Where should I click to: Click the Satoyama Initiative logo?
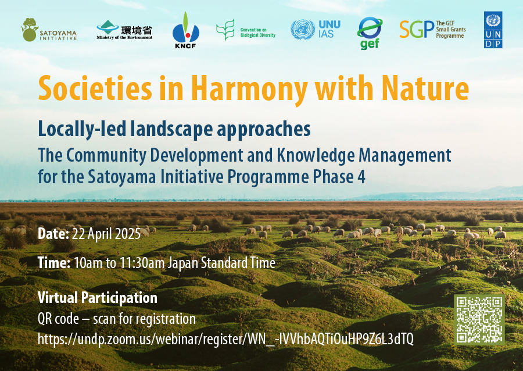coord(49,30)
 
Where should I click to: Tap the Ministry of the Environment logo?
coord(124,30)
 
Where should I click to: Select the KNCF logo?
coord(185,30)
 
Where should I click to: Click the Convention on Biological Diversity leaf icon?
coord(225,30)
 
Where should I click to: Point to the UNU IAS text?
coord(329,29)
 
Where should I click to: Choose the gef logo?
coord(370,33)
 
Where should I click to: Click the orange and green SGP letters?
coord(417,29)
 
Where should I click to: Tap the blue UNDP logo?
coord(493,30)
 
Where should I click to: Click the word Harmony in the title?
coord(249,89)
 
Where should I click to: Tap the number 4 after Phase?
coord(361,177)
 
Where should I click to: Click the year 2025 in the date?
coord(128,234)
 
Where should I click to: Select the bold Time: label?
coord(54,263)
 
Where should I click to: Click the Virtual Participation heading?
coord(98,298)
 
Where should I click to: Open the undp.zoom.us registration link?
coord(225,340)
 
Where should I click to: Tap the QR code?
coord(479,320)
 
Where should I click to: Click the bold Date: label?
coord(53,234)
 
